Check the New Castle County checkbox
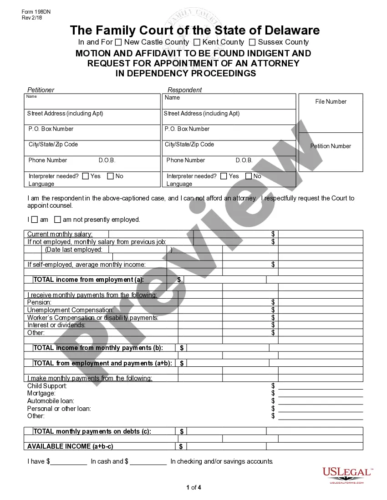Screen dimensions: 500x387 (118, 42)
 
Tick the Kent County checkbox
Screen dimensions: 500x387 (197, 42)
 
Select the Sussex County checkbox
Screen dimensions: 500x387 (252, 42)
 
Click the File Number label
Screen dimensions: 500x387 (331, 102)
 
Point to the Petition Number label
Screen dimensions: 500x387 (331, 146)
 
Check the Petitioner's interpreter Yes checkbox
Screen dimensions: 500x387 (86, 176)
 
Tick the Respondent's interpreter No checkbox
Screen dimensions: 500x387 (249, 176)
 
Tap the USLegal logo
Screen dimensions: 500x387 (347, 475)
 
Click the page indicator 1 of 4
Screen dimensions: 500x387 (193, 488)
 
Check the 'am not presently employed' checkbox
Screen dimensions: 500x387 (57, 220)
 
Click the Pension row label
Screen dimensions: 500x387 (39, 302)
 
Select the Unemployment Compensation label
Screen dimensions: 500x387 (71, 310)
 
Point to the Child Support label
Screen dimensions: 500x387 (47, 386)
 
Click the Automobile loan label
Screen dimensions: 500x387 (51, 401)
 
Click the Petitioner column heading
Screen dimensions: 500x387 (41, 90)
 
